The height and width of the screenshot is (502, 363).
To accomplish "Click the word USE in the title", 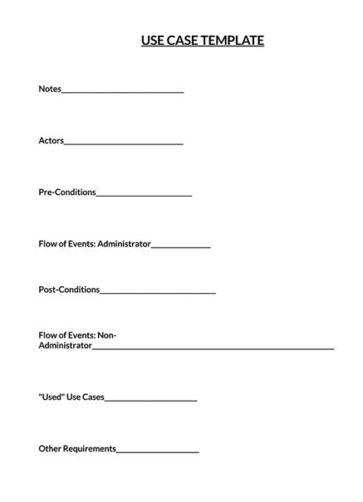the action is click(x=154, y=40).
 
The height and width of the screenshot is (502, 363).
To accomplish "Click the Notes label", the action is click(x=50, y=89).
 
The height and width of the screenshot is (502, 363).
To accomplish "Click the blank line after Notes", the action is click(x=123, y=91).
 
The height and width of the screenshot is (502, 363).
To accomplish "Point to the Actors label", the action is click(x=51, y=140).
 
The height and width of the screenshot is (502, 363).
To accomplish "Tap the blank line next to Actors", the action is click(x=123, y=143).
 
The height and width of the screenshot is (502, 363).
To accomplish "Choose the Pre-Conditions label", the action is click(x=67, y=192).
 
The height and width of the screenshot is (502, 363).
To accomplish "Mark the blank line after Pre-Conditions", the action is click(x=144, y=194).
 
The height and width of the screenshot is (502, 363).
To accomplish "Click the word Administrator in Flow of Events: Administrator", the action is click(x=124, y=244).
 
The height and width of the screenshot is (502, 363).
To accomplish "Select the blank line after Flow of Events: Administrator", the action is click(x=181, y=246).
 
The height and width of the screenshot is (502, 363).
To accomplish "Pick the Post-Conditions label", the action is click(x=69, y=290).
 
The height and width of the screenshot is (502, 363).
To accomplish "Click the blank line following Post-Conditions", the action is click(x=158, y=292).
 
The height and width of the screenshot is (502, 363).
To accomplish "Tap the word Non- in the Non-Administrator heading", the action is click(x=107, y=335).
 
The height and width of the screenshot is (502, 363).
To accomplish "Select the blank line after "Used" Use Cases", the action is click(x=151, y=400).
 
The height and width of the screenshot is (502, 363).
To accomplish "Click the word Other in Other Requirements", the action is click(x=50, y=449).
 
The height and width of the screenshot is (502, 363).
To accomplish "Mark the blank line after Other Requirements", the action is click(x=158, y=451).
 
